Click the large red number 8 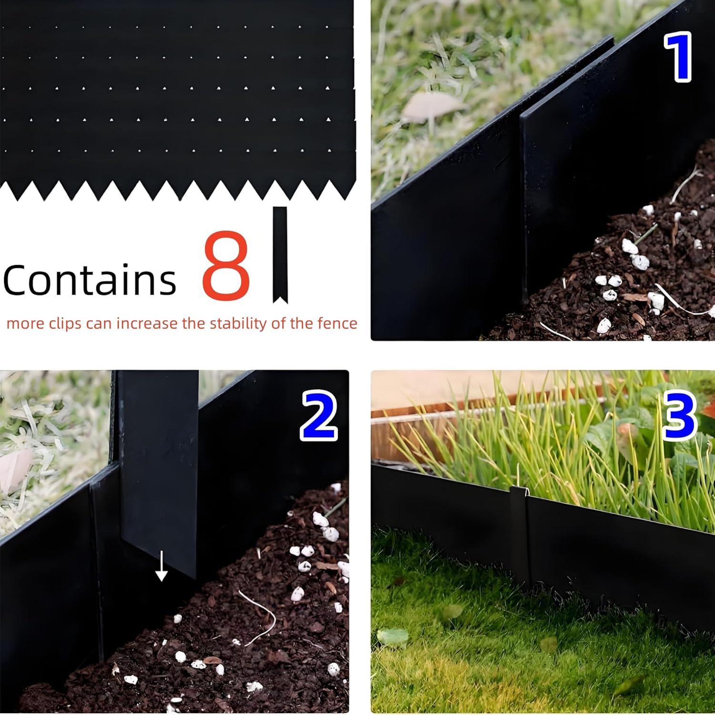click(226, 266)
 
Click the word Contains click(90, 280)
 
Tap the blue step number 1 click(677, 57)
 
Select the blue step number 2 click(319, 415)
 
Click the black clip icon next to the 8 click(280, 255)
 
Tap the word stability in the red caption click(238, 324)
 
